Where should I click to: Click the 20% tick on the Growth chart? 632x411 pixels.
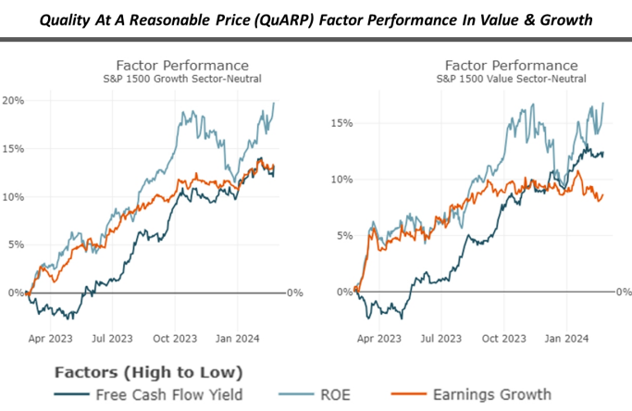[13, 101]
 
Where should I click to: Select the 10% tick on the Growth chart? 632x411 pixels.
[13, 197]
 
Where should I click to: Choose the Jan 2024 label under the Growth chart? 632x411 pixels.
[238, 339]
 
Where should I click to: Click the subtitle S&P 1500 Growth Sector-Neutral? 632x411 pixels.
[181, 81]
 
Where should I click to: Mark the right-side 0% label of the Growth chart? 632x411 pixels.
[294, 293]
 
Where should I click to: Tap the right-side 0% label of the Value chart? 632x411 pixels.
[622, 293]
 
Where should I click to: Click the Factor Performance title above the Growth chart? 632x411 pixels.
[181, 66]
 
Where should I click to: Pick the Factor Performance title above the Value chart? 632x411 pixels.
[511, 66]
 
